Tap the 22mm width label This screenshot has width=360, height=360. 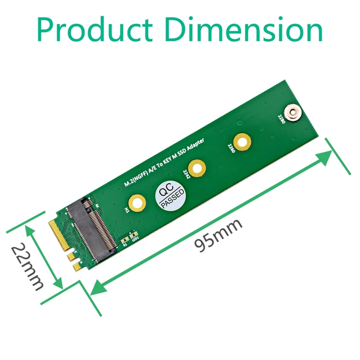(x=27, y=265)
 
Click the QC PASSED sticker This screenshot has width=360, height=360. (x=170, y=196)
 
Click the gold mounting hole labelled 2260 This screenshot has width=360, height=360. (x=242, y=142)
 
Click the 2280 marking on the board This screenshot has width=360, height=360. (x=281, y=120)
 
